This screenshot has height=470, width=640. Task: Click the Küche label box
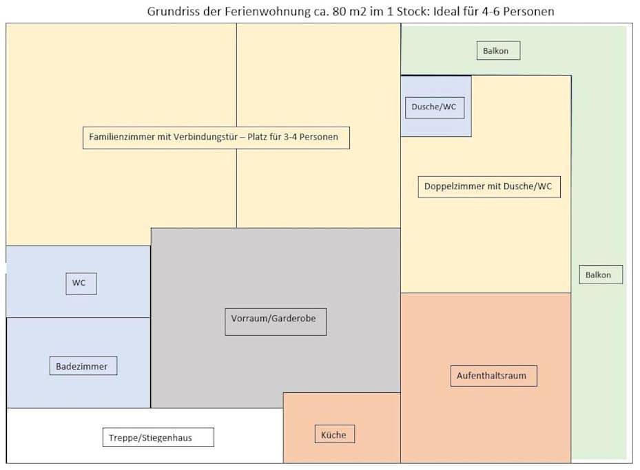(334, 434)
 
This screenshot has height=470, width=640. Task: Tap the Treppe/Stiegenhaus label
(158, 437)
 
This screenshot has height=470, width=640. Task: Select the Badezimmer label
(83, 365)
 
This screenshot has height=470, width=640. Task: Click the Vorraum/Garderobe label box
(276, 321)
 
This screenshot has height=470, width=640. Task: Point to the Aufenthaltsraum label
(493, 376)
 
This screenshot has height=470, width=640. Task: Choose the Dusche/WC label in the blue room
(435, 107)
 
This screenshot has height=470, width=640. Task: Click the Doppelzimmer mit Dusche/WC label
(489, 186)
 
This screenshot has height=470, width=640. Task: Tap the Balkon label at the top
(498, 50)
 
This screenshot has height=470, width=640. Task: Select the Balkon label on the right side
(601, 275)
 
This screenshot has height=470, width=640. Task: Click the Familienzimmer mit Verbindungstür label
(216, 138)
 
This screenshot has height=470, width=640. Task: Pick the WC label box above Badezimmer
(81, 284)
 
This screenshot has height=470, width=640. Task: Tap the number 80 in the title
(339, 12)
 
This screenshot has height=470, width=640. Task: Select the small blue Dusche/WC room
(436, 106)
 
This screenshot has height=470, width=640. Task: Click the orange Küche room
(342, 427)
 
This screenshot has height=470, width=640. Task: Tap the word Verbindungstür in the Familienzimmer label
(205, 137)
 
